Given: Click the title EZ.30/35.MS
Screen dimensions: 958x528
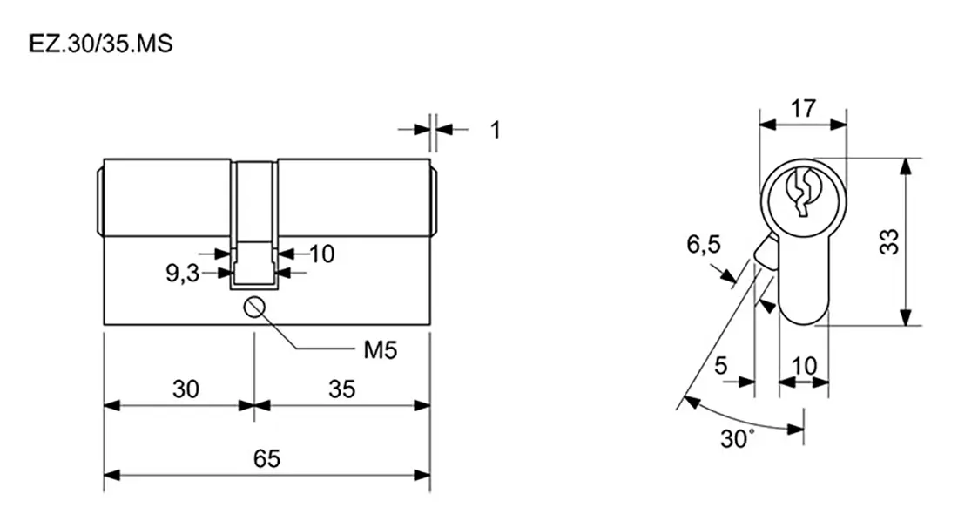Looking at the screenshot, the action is [x=101, y=44].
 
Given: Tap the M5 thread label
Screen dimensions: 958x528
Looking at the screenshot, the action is [x=380, y=350].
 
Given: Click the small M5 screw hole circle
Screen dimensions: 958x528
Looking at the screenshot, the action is [x=253, y=308].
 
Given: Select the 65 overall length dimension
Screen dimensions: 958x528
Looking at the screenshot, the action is [x=267, y=458].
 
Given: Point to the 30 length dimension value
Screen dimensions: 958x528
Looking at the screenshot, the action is [x=186, y=389].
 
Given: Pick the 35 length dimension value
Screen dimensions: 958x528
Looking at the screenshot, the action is [x=341, y=389].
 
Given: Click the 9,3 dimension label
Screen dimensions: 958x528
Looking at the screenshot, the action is [x=183, y=274].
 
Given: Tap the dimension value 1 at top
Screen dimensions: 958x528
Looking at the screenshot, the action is [x=496, y=130].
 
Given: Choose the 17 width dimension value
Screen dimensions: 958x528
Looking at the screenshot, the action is [x=803, y=109].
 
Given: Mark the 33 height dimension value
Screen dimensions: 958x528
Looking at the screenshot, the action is [x=889, y=241].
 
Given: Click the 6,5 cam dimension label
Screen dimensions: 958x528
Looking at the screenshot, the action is [x=703, y=245].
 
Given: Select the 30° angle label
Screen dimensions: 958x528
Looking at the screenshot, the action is [x=737, y=438].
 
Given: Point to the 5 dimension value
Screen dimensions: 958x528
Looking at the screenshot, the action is [x=721, y=365].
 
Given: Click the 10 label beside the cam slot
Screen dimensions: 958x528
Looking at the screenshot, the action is [x=322, y=254].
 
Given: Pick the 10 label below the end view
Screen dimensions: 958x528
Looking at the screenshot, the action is [x=804, y=365].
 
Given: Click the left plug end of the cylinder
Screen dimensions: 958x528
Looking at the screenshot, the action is [x=100, y=198].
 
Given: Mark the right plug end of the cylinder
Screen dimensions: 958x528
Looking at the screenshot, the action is [x=434, y=200].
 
